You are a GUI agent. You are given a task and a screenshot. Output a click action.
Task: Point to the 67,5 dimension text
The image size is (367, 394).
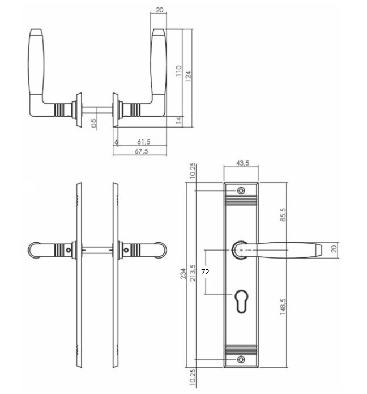click(x=141, y=151)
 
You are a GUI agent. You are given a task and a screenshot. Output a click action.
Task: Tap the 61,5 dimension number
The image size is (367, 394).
click(x=144, y=142)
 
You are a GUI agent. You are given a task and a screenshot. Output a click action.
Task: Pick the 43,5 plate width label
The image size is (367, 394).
click(x=242, y=163)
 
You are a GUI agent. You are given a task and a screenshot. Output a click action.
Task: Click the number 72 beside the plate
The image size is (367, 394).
click(x=205, y=272)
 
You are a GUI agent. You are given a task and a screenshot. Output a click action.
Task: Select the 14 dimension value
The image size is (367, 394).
click(x=178, y=120)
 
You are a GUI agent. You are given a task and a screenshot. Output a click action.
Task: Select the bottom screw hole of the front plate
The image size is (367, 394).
click(x=242, y=359)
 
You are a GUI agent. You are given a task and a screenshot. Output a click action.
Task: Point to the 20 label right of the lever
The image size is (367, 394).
click(x=334, y=249)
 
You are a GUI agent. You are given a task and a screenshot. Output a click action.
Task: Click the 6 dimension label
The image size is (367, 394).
click(x=116, y=142)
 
